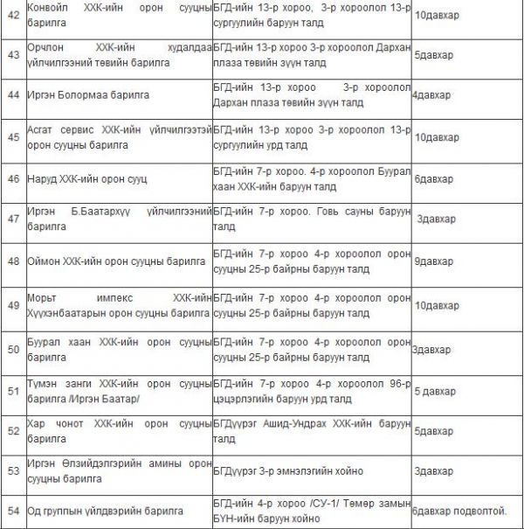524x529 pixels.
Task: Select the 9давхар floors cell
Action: pyautogui.click(x=433, y=261)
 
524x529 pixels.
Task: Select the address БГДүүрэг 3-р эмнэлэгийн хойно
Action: pyautogui.click(x=289, y=470)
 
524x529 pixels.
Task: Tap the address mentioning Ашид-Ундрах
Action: pyautogui.click(x=310, y=431)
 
